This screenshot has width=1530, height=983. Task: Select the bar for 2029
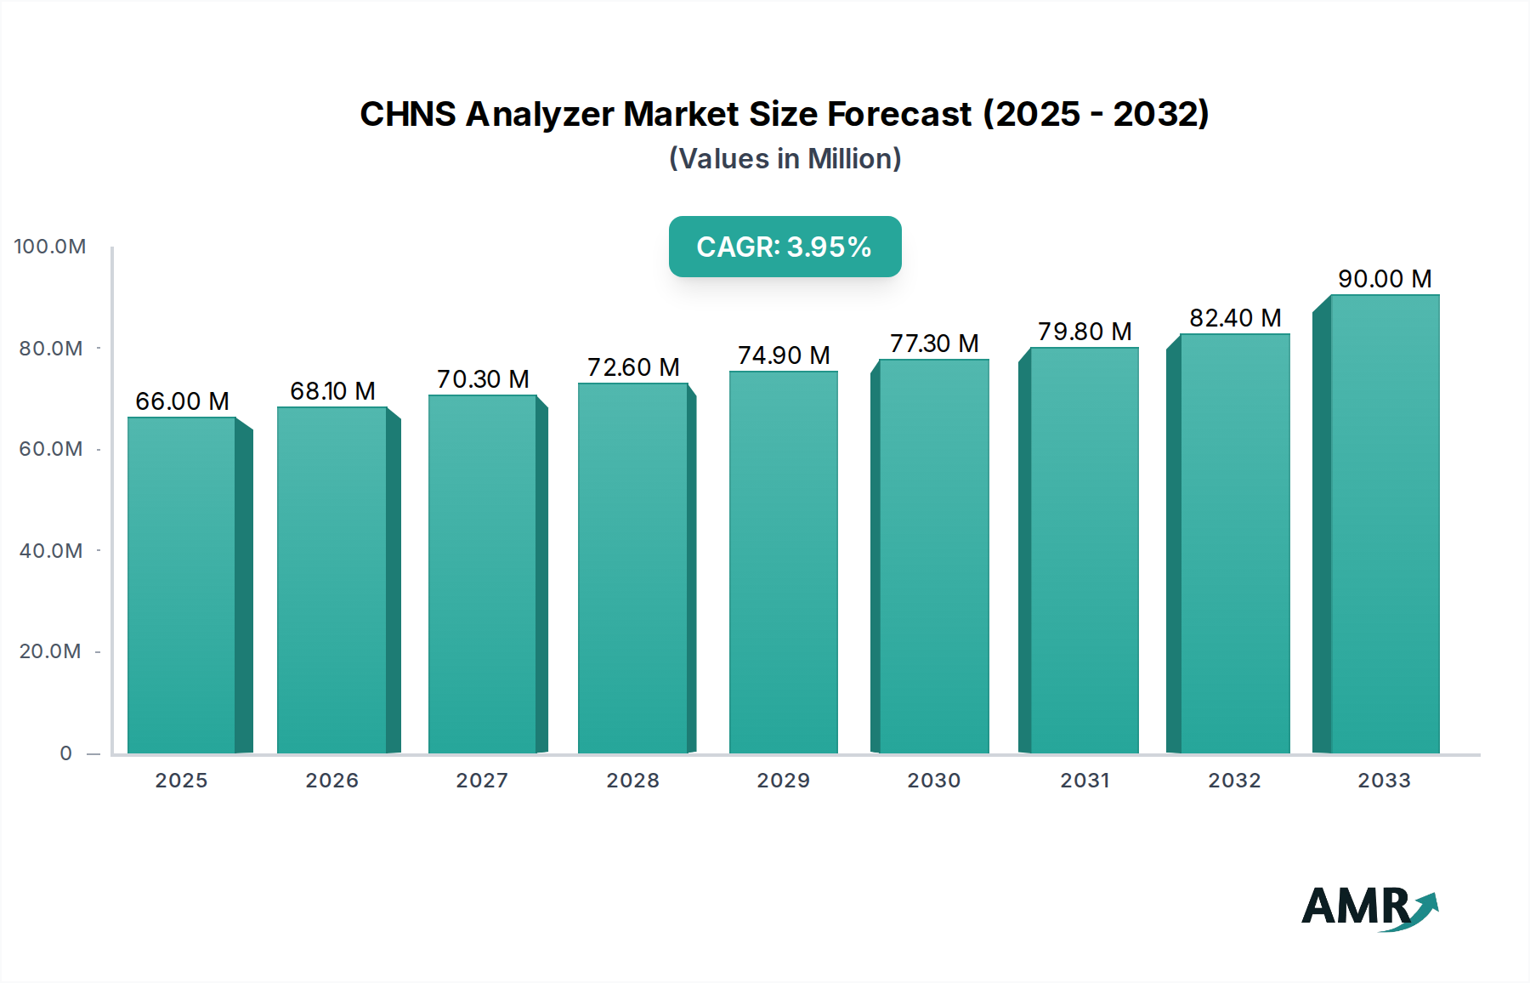point(783,562)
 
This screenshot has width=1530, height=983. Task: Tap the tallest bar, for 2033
point(1384,524)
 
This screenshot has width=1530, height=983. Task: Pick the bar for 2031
point(1084,550)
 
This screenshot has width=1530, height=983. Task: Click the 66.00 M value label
point(182,401)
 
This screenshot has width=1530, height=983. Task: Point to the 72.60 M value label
point(633,367)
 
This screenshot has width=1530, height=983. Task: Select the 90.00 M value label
point(1385,279)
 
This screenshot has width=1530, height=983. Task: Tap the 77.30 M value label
point(934,344)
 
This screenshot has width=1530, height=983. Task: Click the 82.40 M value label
point(1235,318)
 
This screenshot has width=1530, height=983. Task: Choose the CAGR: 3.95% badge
point(785,247)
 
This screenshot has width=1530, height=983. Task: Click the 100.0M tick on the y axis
point(50,247)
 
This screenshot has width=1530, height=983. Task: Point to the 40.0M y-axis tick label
point(51,551)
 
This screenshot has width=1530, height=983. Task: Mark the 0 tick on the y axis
point(66,753)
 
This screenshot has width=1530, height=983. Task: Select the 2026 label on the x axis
point(332,781)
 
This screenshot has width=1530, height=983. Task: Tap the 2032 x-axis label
point(1234,781)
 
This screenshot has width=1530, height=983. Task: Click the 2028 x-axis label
point(633,781)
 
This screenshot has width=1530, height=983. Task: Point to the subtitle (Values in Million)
point(785,159)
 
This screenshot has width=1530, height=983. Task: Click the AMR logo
point(1369,907)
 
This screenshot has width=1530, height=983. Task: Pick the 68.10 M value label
point(332,391)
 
